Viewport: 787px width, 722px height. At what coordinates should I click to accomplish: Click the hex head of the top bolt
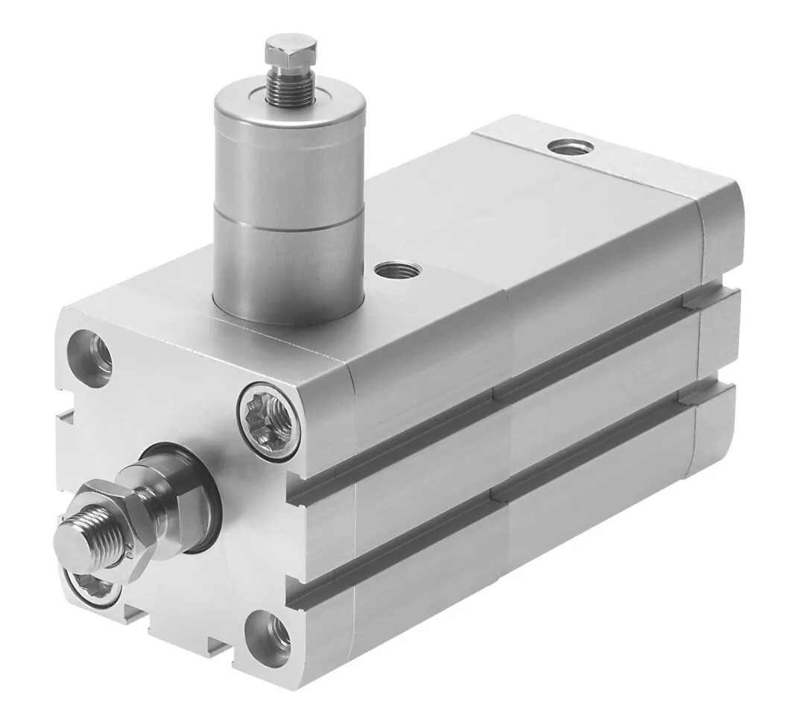291,53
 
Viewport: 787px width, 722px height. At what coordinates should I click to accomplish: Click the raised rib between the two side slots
514,432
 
